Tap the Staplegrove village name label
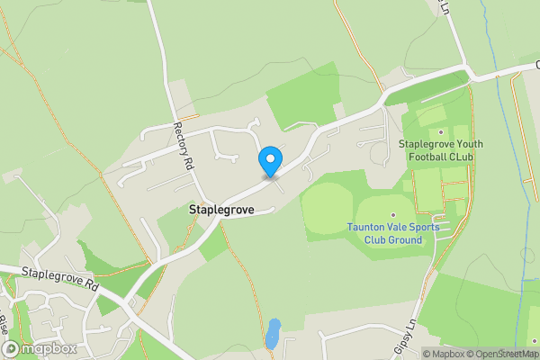[x=221, y=209]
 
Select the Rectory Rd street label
[x=183, y=148]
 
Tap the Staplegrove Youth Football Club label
[x=441, y=150]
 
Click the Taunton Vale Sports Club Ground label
[x=393, y=233]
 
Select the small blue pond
[x=274, y=332]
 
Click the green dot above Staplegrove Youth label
[x=441, y=132]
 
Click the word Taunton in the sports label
[x=367, y=227]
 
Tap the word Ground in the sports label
[x=404, y=239]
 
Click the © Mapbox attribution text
[x=436, y=354]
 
